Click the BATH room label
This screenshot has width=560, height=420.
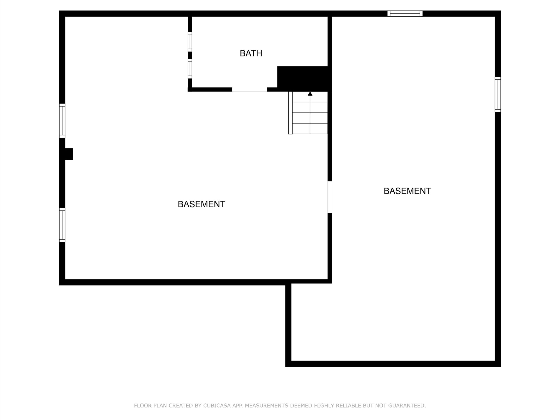point(251,53)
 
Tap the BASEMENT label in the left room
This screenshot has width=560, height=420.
point(201,204)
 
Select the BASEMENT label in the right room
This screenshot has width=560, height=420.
point(407,191)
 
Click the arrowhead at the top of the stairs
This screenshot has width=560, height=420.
point(310,94)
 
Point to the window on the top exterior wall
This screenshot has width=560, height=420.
point(405,13)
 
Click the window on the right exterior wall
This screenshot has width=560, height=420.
point(497,94)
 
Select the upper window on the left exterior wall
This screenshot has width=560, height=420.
point(62,121)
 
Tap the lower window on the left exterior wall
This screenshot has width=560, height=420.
point(62,225)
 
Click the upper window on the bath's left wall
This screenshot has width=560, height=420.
point(190,42)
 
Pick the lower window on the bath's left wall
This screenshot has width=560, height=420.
point(190,69)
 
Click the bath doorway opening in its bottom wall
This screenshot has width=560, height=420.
point(249,90)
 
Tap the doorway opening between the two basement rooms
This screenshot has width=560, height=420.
point(330,197)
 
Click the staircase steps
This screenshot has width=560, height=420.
point(310,113)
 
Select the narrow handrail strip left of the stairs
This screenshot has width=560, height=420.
point(290,113)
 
